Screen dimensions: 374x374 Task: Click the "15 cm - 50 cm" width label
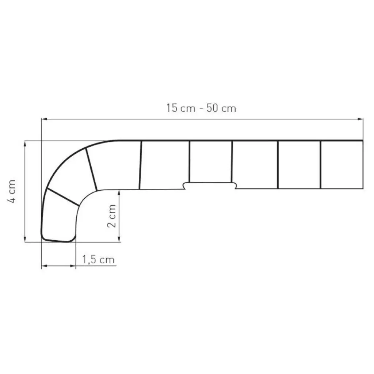[201, 108]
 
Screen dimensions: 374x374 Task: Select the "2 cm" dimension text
[112, 216]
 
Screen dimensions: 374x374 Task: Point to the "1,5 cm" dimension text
[98, 260]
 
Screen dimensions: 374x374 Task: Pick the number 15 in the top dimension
[173, 108]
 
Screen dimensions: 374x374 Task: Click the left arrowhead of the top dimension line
[43, 119]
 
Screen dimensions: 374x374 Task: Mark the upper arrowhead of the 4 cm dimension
[25, 143]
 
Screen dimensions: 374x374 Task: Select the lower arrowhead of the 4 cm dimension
[25, 239]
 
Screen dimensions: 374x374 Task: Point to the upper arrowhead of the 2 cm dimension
[119, 192]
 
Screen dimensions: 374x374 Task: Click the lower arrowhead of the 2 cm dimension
[119, 239]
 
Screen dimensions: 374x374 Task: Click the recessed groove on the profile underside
[210, 185]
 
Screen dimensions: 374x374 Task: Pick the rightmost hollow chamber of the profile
[341, 164]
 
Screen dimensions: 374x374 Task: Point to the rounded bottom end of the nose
[58, 240]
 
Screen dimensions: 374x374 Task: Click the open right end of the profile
[363, 164]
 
